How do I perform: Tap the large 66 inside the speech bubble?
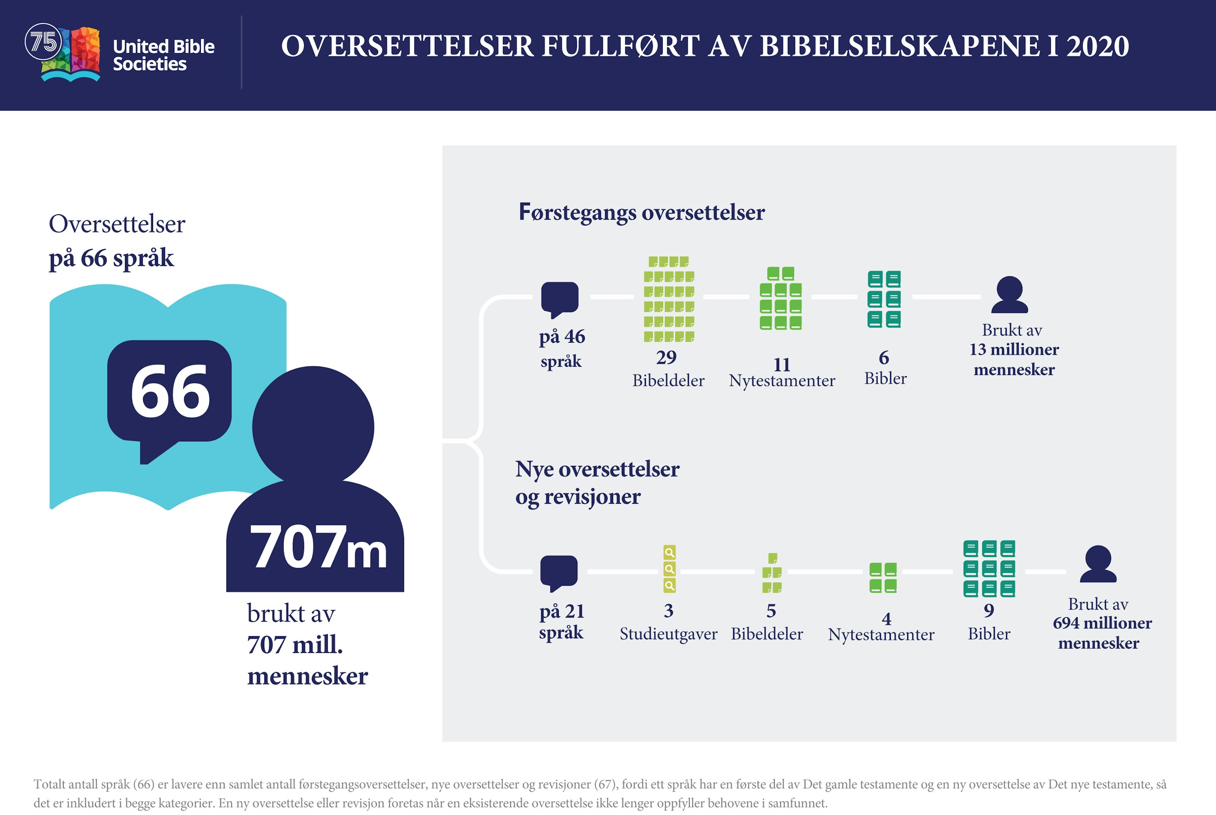coord(170,391)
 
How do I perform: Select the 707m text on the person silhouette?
coord(318,547)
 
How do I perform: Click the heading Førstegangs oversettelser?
coord(641,212)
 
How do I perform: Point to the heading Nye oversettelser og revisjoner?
coord(597,482)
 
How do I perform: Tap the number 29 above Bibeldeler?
coord(666,358)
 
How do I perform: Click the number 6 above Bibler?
coord(884,358)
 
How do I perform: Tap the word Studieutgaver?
coord(668,634)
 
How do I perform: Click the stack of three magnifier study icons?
coord(669,568)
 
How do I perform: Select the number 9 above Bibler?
coord(989,610)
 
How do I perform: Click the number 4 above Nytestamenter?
coord(887,618)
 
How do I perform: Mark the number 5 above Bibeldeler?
coord(771,611)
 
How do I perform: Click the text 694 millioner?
coord(1102,623)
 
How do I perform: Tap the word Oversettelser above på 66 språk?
coord(117,224)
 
